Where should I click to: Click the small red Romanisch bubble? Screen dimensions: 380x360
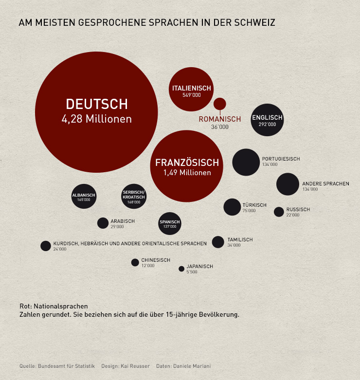click(220, 104)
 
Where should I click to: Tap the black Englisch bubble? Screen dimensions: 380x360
click(267, 120)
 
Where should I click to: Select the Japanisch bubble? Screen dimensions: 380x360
click(181, 269)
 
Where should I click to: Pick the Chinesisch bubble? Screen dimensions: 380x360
click(135, 262)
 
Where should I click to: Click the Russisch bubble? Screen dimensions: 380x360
click(279, 212)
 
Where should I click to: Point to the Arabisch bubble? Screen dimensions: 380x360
click(103, 223)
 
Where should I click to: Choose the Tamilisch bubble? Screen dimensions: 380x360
click(218, 242)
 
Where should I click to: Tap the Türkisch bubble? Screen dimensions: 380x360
click(232, 207)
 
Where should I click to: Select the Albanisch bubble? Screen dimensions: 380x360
click(84, 197)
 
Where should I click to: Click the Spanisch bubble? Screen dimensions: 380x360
click(170, 224)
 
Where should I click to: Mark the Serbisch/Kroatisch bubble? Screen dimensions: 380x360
click(134, 197)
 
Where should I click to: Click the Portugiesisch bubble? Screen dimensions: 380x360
click(246, 162)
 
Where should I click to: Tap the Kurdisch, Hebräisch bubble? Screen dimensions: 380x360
click(45, 246)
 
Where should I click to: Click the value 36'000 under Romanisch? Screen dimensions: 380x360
click(219, 127)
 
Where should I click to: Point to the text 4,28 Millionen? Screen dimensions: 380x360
click(96, 119)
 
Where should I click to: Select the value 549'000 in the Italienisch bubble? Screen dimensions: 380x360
click(191, 95)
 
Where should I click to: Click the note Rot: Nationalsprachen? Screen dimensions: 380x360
click(54, 306)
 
